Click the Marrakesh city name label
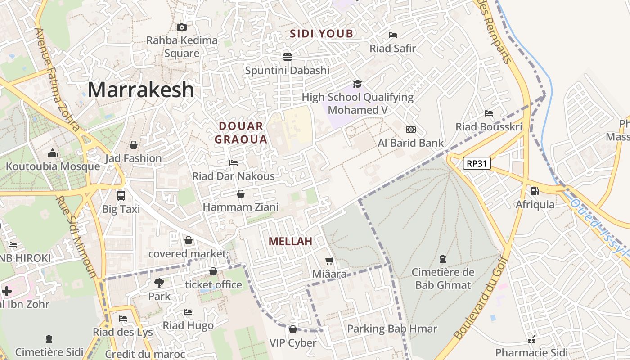pos(141,90)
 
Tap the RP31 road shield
pos(477,163)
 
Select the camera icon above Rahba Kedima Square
pos(182,27)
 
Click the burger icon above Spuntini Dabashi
pos(288,57)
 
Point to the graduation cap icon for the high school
pos(357,84)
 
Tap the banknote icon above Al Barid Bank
pos(411,130)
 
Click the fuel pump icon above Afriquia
pos(535,191)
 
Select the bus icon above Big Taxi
pos(121,196)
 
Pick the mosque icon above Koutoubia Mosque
pos(53,153)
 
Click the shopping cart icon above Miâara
pos(329,261)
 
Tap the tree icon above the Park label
pos(159,283)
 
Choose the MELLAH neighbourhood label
pos(290,242)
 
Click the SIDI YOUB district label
pos(322,34)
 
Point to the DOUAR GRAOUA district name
pos(241,133)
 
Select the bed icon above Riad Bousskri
pos(489,113)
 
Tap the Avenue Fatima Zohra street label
pos(57,79)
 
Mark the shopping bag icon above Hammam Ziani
pos(241,194)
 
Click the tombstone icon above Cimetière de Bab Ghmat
pos(443,259)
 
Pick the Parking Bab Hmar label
pos(392,329)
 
